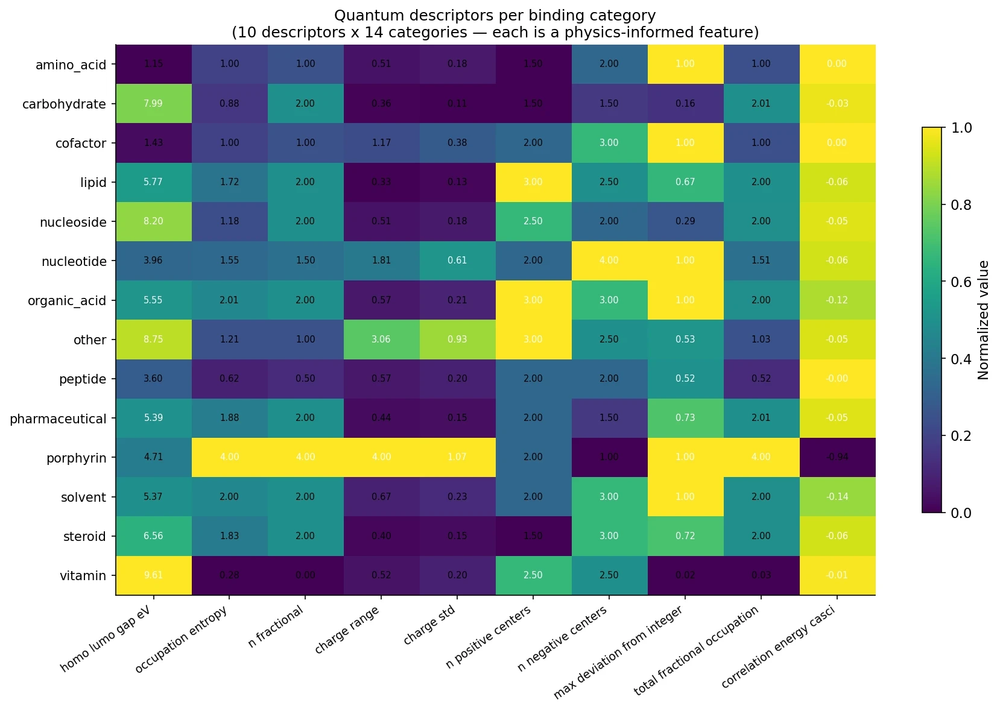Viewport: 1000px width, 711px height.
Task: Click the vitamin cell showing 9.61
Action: point(153,575)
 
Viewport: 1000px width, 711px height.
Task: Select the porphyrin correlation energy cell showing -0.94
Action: point(837,457)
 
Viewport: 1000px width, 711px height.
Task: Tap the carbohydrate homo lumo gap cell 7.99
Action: point(153,103)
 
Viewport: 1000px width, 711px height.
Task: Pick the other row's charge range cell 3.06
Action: point(381,340)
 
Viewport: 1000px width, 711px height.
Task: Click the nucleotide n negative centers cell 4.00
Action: point(609,261)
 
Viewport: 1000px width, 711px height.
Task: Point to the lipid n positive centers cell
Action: point(533,182)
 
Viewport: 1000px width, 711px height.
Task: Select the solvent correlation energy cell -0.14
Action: point(837,497)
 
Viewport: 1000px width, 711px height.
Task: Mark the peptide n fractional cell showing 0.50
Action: point(305,379)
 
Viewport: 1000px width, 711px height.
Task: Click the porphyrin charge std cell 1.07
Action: point(457,457)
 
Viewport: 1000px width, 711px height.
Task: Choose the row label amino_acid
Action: point(71,65)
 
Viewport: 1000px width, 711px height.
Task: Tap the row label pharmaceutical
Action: point(58,419)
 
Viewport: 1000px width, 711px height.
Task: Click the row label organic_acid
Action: point(67,300)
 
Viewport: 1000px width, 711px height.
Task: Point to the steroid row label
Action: point(84,536)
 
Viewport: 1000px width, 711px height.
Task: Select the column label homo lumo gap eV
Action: point(105,639)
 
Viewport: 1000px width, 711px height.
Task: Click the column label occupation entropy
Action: point(181,640)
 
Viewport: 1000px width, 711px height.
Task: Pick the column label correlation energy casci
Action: point(778,647)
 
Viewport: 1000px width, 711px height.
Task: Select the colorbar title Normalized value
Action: point(984,320)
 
